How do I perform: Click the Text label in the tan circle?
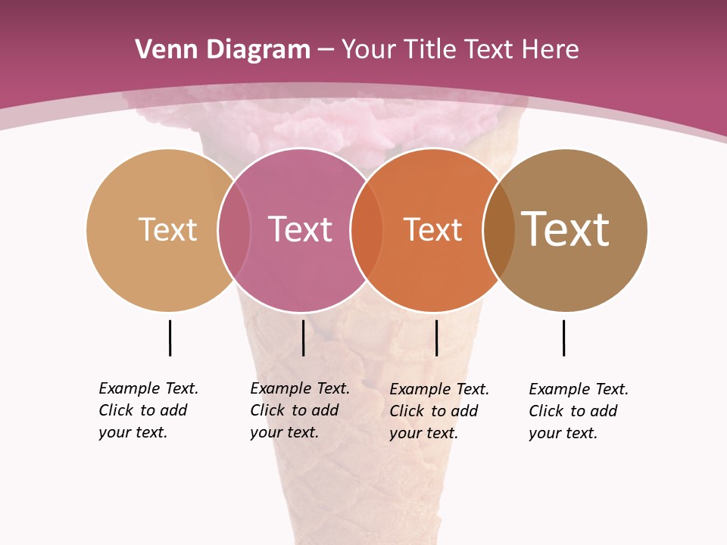click(167, 229)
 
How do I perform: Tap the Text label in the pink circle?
click(301, 229)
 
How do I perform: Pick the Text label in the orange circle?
click(432, 229)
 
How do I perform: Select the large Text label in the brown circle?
click(566, 229)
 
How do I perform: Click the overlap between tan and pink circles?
click(234, 229)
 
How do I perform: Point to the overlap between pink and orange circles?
click(367, 229)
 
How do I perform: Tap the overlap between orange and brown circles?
click(499, 229)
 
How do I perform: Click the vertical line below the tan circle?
click(170, 338)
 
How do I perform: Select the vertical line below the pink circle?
click(303, 338)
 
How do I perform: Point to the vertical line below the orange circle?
click(436, 338)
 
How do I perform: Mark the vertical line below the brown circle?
click(563, 338)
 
